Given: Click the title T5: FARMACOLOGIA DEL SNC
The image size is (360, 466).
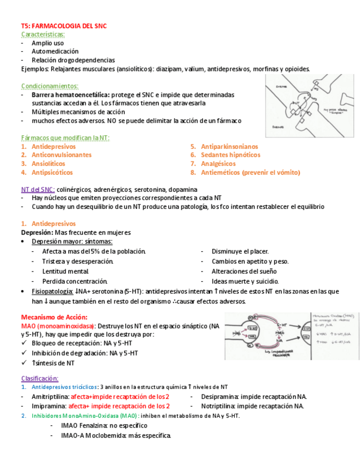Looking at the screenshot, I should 64,26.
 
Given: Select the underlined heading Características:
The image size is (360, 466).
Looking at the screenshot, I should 42,34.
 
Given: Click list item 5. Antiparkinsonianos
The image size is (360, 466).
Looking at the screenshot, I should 224,147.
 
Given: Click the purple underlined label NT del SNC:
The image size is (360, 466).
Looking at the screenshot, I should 37,190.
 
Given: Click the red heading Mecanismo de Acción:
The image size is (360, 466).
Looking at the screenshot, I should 54,317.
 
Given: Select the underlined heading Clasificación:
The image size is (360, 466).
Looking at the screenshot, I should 40,379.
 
